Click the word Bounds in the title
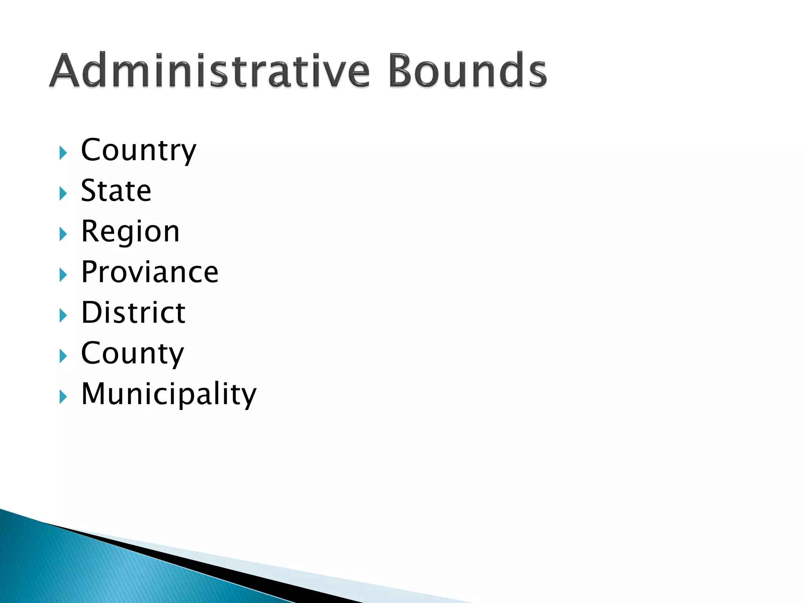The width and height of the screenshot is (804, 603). click(467, 71)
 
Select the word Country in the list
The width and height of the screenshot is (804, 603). click(138, 150)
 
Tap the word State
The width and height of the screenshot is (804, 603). click(116, 191)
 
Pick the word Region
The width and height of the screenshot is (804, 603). click(130, 232)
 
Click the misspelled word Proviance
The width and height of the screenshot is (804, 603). click(150, 272)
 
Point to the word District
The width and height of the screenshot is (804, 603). click(133, 313)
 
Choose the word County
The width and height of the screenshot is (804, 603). click(132, 353)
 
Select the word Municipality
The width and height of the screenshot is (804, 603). click(169, 394)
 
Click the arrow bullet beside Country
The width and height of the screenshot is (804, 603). click(63, 153)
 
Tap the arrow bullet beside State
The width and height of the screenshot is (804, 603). click(63, 194)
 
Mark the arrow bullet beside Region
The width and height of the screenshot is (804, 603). click(63, 234)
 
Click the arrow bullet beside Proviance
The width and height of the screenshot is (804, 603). click(63, 275)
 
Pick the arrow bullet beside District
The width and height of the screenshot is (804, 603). click(63, 316)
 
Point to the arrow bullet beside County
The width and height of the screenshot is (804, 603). click(63, 356)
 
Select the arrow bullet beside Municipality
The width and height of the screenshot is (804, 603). click(63, 397)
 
